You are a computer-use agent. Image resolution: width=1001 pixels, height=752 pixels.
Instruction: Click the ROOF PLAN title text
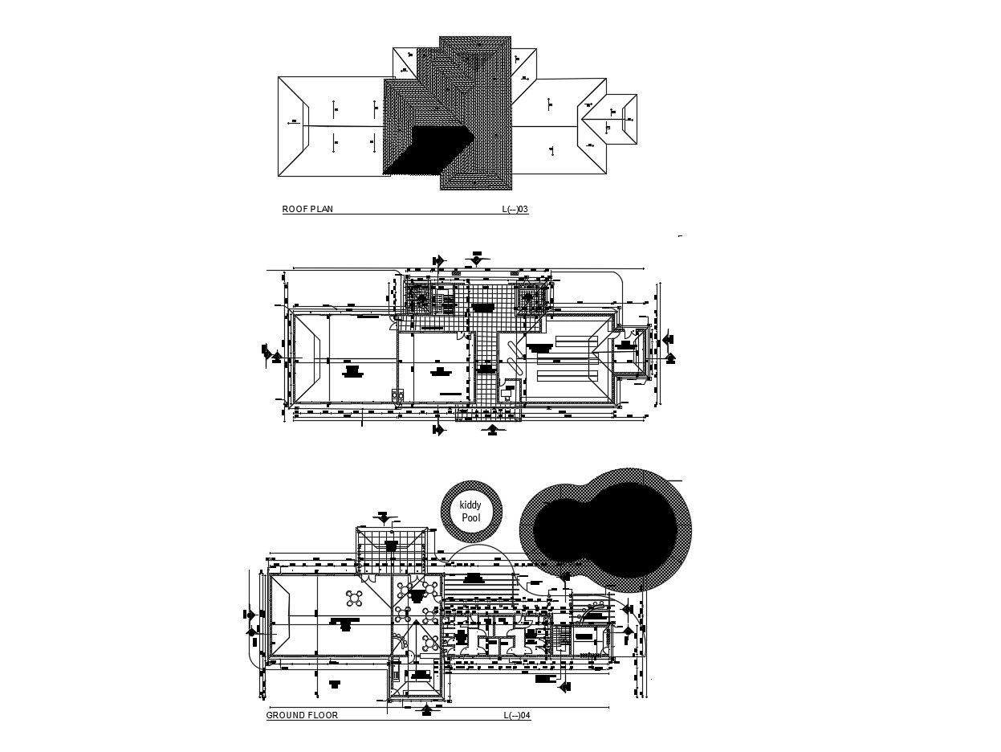tap(307, 210)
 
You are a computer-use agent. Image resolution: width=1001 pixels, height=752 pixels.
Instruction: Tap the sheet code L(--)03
tap(515, 210)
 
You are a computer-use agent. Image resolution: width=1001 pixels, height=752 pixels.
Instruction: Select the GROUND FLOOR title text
tap(302, 715)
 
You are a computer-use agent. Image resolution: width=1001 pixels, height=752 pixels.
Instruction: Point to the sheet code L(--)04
tap(517, 715)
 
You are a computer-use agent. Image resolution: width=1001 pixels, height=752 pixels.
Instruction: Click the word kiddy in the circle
tap(471, 505)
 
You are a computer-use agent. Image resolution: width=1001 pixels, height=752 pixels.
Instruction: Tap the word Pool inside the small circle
tap(471, 518)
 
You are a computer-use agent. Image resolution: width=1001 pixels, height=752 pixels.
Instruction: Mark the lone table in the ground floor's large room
tap(355, 598)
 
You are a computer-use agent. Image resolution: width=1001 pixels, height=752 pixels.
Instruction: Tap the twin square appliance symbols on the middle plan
tap(396, 394)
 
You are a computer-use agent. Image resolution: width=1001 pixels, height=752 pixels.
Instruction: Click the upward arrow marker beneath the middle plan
tap(493, 431)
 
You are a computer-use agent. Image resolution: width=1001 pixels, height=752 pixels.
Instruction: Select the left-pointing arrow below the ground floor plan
tap(564, 687)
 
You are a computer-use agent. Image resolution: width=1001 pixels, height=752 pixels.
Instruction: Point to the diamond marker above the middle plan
tap(477, 260)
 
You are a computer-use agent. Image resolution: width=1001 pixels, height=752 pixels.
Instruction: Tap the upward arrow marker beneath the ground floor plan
tap(427, 709)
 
